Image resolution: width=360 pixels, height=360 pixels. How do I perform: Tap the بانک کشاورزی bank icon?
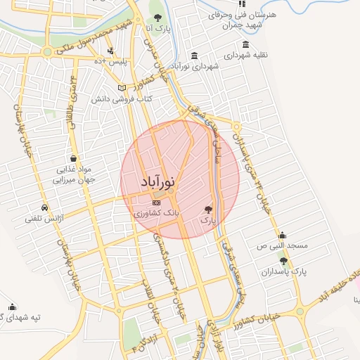pyautogui.click(x=156, y=202)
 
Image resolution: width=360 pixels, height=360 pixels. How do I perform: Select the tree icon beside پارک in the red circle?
pyautogui.click(x=207, y=209)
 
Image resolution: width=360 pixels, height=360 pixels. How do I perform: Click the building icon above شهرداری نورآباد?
pyautogui.click(x=194, y=55)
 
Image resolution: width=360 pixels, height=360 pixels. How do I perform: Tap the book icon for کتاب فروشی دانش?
pyautogui.click(x=122, y=88)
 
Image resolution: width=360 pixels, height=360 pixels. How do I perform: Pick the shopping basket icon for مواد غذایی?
pyautogui.click(x=75, y=158)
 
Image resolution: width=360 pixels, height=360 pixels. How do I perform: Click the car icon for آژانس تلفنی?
pyautogui.click(x=45, y=209)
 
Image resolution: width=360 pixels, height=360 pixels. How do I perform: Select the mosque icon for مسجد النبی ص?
pyautogui.click(x=282, y=236)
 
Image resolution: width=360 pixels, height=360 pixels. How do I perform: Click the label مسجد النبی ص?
pyautogui.click(x=282, y=247)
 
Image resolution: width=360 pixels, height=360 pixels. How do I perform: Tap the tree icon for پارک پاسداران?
pyautogui.click(x=283, y=261)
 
